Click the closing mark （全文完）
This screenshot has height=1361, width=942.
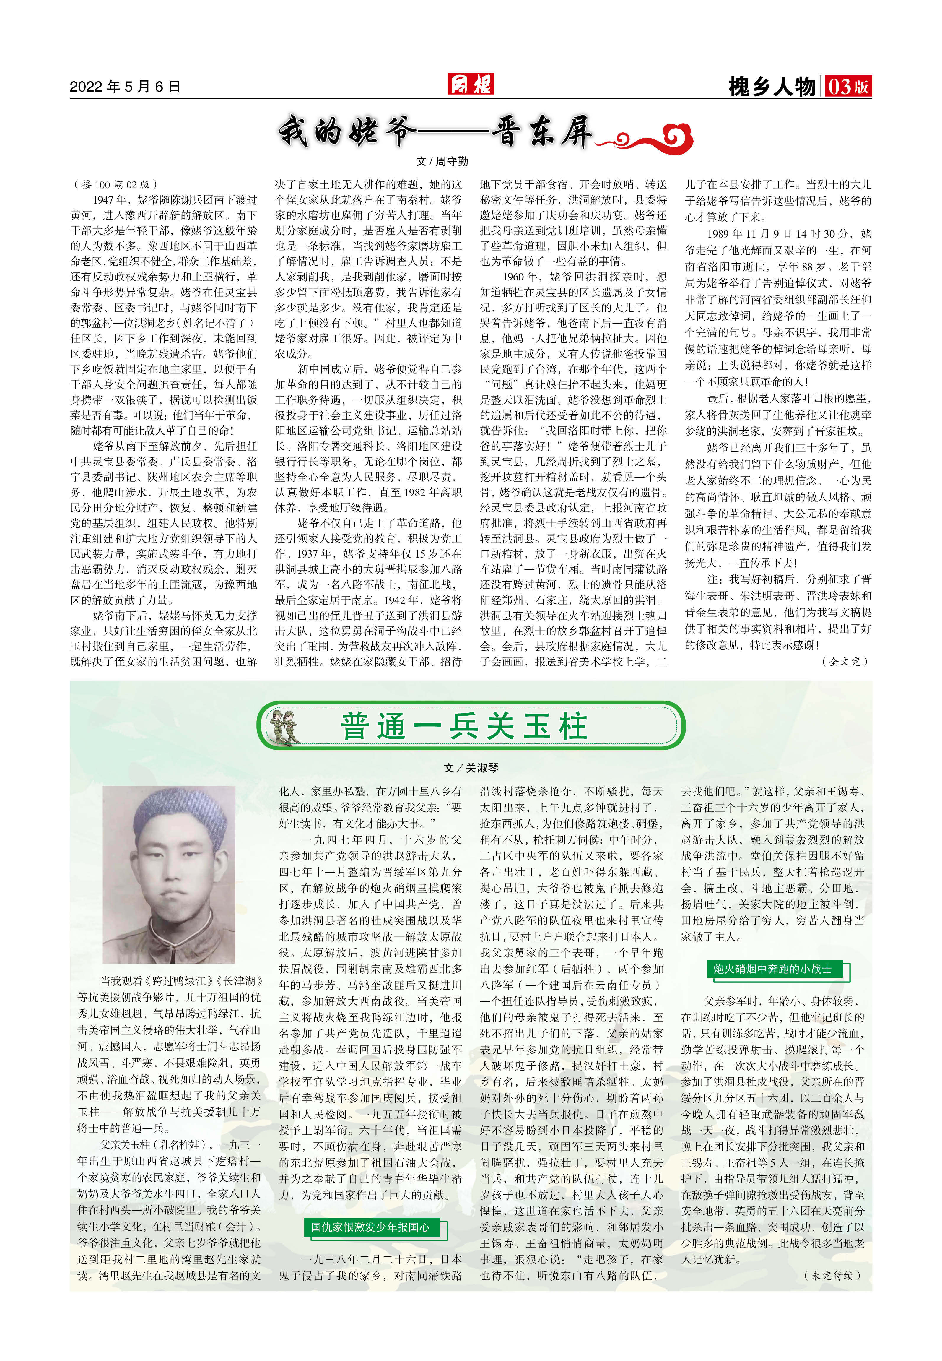click(x=845, y=661)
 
